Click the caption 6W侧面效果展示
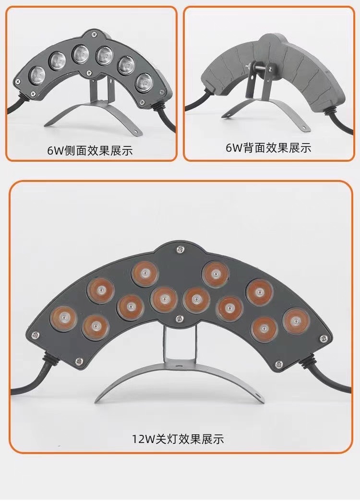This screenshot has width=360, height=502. tap(90, 151)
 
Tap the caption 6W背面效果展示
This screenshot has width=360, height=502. tap(268, 148)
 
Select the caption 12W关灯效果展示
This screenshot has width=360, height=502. tap(178, 439)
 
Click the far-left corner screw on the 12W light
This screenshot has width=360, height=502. tap(35, 335)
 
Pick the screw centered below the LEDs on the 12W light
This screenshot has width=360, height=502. tap(180, 317)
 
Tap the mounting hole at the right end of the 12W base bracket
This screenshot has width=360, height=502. tap(258, 397)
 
